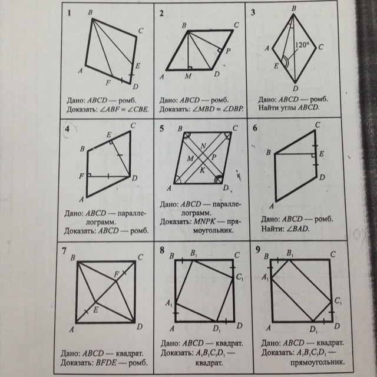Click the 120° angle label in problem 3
click(x=302, y=45)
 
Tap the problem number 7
click(x=64, y=251)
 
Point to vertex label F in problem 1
click(x=108, y=82)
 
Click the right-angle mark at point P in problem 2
click(x=219, y=50)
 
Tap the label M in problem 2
click(x=188, y=76)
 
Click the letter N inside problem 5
click(x=203, y=146)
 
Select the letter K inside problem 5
click(x=203, y=170)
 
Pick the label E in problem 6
click(x=322, y=154)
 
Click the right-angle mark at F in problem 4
click(x=89, y=175)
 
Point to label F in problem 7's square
click(x=117, y=274)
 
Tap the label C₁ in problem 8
click(x=240, y=277)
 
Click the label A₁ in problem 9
click(x=265, y=277)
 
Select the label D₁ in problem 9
click(x=313, y=329)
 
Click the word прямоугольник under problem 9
click(x=318, y=362)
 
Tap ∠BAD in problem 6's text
click(x=297, y=229)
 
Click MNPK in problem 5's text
click(x=204, y=221)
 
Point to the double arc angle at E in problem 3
click(x=285, y=62)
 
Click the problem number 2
click(x=161, y=13)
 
